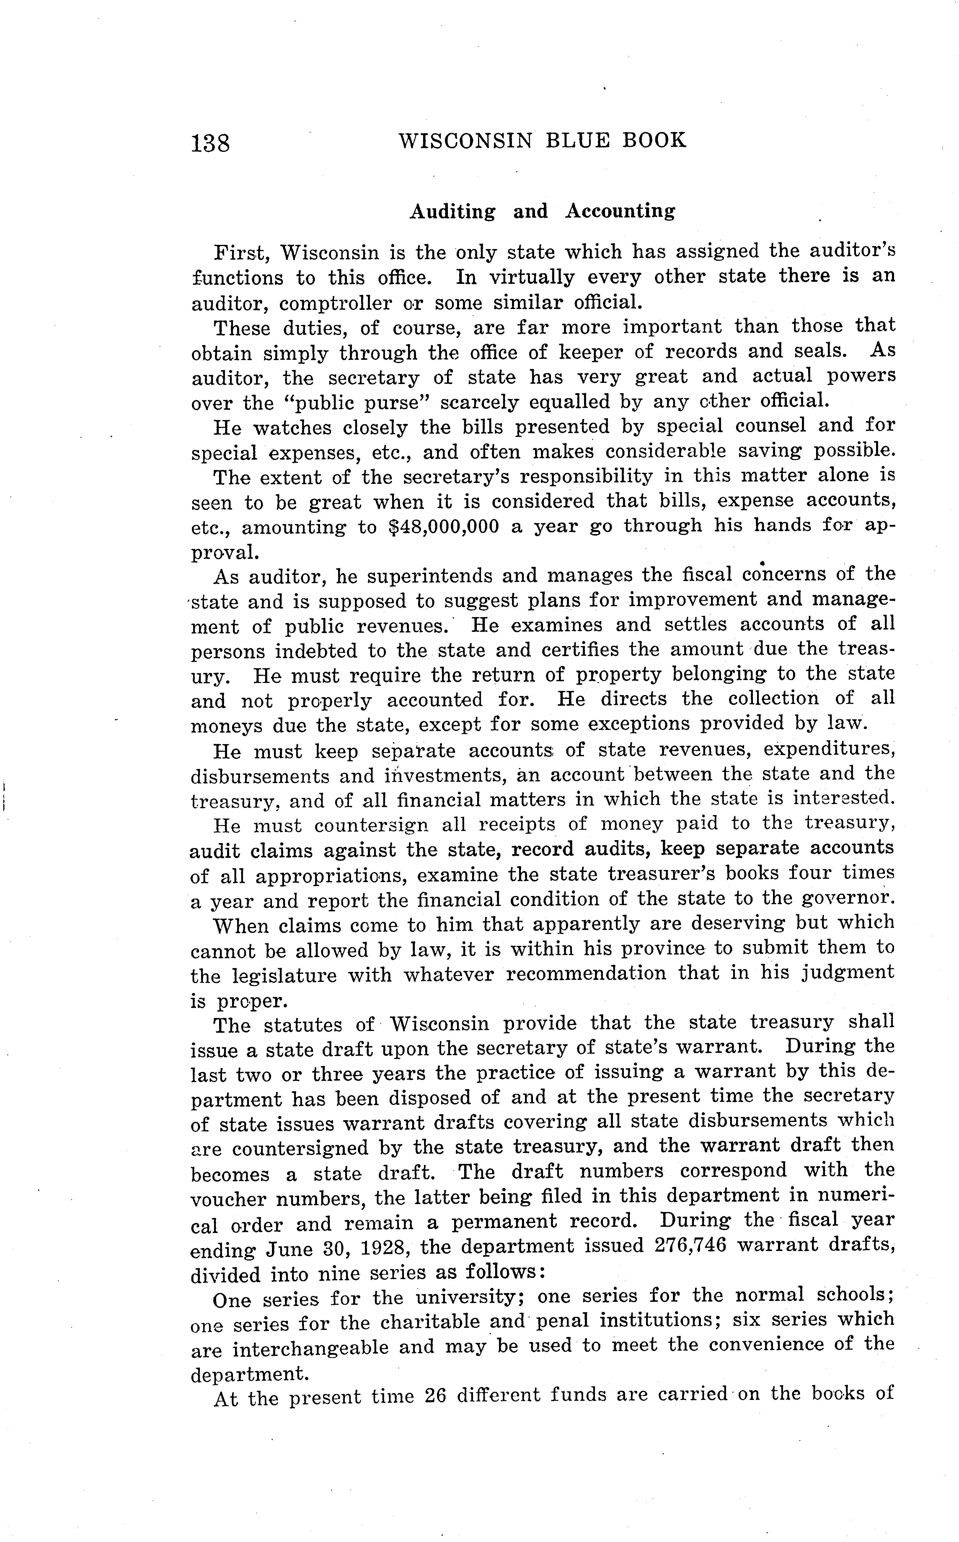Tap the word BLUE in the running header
pos(577,140)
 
